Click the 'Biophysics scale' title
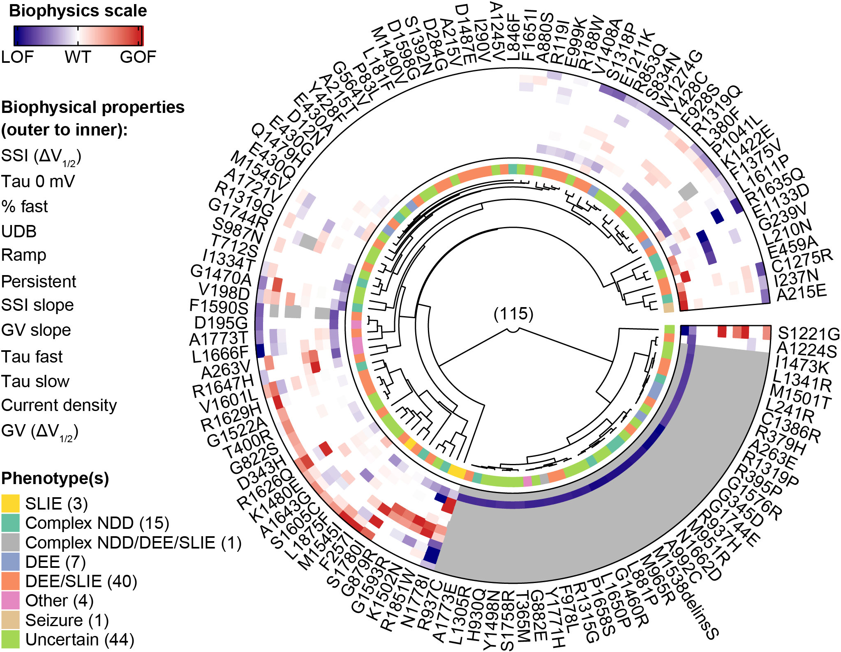tap(78, 11)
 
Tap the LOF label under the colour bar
tap(17, 57)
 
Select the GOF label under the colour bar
tap(138, 57)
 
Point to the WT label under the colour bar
tap(78, 57)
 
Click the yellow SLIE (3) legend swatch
tap(10, 503)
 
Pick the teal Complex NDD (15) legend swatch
tap(10, 523)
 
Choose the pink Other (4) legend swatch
tap(10, 600)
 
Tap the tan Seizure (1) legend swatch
tap(10, 620)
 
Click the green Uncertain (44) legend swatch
tap(10, 639)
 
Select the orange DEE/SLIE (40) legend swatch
tap(10, 581)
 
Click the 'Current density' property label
tap(59, 405)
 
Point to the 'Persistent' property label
tap(39, 282)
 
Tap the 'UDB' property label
tap(19, 232)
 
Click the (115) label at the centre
tap(513, 314)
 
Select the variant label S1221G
tap(809, 334)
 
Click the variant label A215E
tap(801, 293)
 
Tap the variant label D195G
tap(222, 323)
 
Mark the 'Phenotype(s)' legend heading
tap(55, 478)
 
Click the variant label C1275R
tap(802, 259)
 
